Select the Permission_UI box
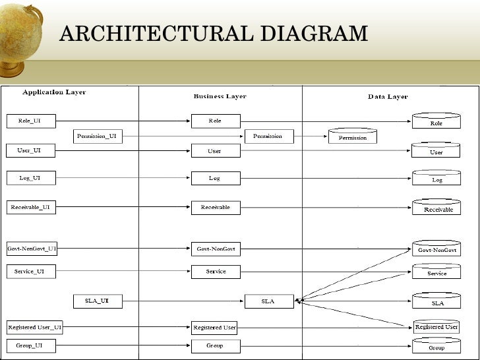[97, 136]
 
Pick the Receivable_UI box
[31, 207]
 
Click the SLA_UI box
[97, 301]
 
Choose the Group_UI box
[31, 345]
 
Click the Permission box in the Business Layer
[269, 136]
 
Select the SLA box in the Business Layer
[269, 301]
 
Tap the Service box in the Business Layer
[216, 272]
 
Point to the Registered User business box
[215, 328]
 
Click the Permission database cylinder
[353, 136]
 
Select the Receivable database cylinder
[436, 207]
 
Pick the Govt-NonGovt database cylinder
[436, 249]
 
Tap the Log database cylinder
[436, 178]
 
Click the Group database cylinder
[436, 345]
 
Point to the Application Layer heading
[54, 92]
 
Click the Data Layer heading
[388, 97]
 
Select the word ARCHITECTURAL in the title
[152, 33]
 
